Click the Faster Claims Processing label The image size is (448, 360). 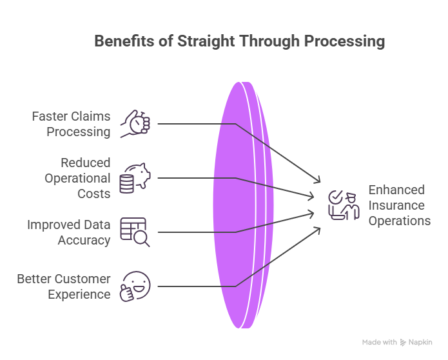pos(72,124)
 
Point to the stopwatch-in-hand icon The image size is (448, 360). pos(137,123)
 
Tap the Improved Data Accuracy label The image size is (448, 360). pos(68,232)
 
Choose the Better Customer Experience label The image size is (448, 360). pos(64,286)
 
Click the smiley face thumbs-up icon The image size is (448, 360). pos(136,286)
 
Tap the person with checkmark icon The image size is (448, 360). pos(344,205)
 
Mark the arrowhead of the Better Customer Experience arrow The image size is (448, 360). pos(318,228)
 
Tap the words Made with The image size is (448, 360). pos(380,343)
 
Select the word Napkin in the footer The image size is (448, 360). pos(420,343)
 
